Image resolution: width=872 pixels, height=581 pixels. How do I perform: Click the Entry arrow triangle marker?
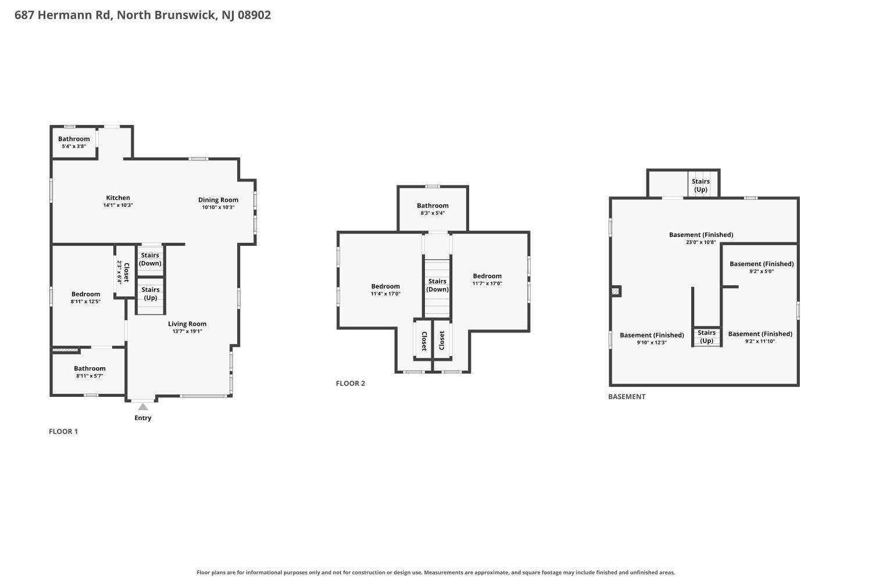tap(143, 407)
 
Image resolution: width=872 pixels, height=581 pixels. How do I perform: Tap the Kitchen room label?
tap(118, 198)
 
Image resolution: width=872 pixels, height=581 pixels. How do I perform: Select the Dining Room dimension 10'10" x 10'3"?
tap(218, 207)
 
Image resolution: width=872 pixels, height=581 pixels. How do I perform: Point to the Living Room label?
tap(187, 324)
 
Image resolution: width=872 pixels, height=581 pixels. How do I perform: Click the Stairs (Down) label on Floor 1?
tap(150, 259)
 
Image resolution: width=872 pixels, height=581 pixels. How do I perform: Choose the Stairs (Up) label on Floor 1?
tap(150, 293)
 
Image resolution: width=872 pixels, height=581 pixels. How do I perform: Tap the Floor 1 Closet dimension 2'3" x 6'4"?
tap(120, 272)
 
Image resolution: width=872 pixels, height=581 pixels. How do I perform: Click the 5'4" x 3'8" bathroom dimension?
tap(74, 146)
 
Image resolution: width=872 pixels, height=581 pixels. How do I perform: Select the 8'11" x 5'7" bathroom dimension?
tap(90, 376)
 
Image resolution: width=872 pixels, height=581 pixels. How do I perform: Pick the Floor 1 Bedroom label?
tap(85, 294)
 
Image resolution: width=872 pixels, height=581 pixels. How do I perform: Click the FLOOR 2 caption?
tap(351, 383)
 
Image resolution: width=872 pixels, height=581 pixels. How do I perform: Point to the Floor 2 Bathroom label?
tap(433, 206)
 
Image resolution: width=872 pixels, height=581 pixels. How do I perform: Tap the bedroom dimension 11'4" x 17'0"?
tap(385, 294)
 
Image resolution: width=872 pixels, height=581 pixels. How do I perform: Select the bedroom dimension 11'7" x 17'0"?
tap(487, 284)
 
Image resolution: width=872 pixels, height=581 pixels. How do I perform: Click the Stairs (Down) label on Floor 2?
tap(437, 285)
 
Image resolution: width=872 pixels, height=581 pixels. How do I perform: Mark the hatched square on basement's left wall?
tap(615, 291)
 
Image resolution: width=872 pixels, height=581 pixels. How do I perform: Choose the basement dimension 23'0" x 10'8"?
tap(701, 242)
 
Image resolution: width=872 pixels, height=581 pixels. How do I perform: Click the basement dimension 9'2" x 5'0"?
tap(762, 271)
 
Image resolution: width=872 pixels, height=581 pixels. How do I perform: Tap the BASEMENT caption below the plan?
tap(627, 397)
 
